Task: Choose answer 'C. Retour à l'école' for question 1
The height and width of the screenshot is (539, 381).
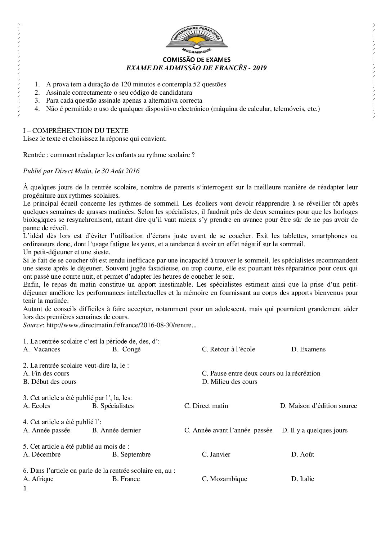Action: pos(228,349)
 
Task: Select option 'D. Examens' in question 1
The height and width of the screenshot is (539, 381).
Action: pos(308,349)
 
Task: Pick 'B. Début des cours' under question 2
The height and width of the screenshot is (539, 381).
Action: pos(50,381)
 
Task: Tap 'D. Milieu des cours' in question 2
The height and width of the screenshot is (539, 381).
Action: pos(229,381)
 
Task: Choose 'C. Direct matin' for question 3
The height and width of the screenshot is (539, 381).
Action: pos(206,406)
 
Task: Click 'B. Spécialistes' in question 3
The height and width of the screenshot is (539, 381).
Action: pos(113,406)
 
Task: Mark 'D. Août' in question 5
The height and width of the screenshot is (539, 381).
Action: pos(302,454)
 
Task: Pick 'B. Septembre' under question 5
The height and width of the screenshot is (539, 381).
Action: pos(131,454)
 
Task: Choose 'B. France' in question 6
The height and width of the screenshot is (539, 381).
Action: pos(126,479)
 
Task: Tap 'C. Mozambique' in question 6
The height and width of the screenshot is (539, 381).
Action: pos(224,479)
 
